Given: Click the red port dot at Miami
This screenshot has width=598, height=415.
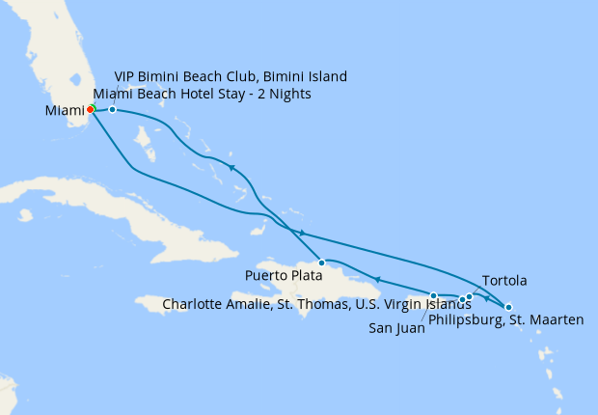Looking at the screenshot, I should [90, 109].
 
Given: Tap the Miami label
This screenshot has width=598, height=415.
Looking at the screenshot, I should [66, 111].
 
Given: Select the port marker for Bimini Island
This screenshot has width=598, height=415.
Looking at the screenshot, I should [113, 109].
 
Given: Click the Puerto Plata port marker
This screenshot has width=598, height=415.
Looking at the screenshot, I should [321, 263].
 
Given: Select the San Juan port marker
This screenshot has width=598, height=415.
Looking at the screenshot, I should [434, 295].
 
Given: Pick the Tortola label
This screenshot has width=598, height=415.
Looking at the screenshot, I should [503, 281].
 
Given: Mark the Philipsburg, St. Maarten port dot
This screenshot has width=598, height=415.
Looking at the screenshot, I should [508, 306].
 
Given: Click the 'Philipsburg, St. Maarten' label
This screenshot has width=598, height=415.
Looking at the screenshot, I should [505, 320].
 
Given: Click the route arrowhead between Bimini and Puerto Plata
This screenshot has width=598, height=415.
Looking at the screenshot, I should [232, 168].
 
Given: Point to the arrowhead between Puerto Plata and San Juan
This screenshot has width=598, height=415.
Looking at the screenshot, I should [378, 280].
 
